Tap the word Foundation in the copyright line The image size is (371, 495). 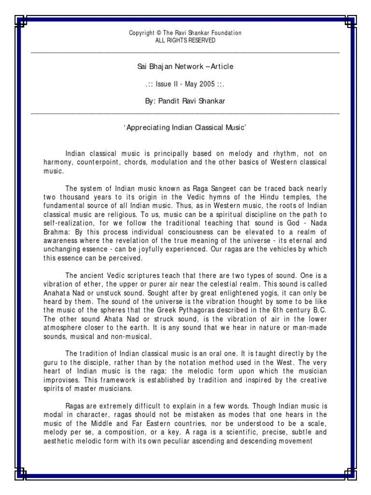225,33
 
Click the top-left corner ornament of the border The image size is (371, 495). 21,21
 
